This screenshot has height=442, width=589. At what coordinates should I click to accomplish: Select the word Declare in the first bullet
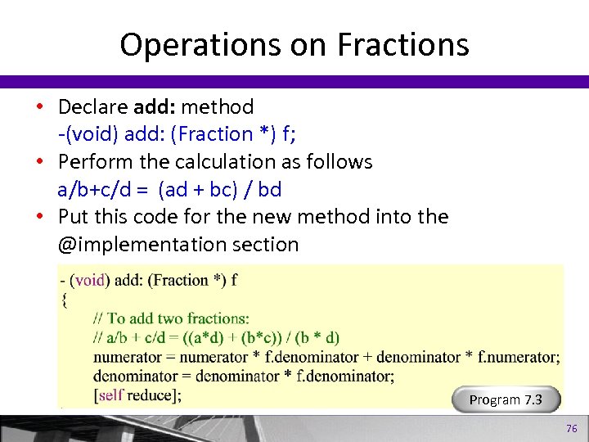(x=92, y=106)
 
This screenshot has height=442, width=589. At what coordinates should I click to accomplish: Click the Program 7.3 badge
(x=505, y=399)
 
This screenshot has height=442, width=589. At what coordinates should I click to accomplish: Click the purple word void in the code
(x=89, y=280)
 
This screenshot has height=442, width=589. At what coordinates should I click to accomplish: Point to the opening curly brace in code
(x=65, y=300)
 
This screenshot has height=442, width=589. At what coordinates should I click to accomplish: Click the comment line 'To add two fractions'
(x=171, y=318)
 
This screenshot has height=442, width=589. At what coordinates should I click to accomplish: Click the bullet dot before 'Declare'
(x=39, y=107)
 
